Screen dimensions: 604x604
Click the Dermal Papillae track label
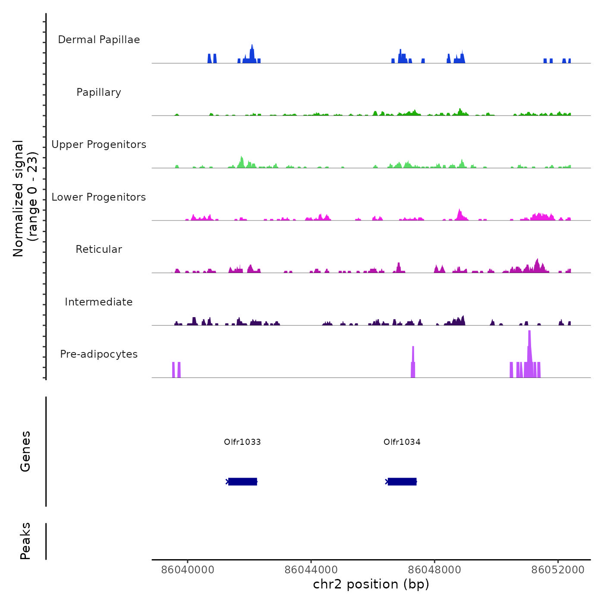(99, 40)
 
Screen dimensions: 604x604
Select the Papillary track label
(99, 92)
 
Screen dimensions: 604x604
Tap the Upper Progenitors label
(99, 145)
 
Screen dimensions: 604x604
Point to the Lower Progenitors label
(99, 197)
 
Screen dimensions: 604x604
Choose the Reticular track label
(99, 249)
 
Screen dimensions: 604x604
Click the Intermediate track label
(99, 302)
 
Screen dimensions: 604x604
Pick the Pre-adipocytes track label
(99, 354)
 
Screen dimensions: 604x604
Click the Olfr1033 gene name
(242, 442)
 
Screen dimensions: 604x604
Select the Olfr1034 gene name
(402, 442)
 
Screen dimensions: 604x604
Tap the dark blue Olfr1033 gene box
(242, 481)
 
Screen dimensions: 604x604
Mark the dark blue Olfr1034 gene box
(402, 481)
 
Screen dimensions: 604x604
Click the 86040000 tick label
(188, 570)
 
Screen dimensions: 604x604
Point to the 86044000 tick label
(311, 570)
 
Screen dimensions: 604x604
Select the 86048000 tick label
(434, 570)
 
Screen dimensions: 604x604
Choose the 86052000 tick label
(558, 570)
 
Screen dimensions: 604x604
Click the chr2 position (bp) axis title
(371, 584)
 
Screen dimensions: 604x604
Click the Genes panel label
(25, 451)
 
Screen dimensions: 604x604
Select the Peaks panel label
(25, 541)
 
